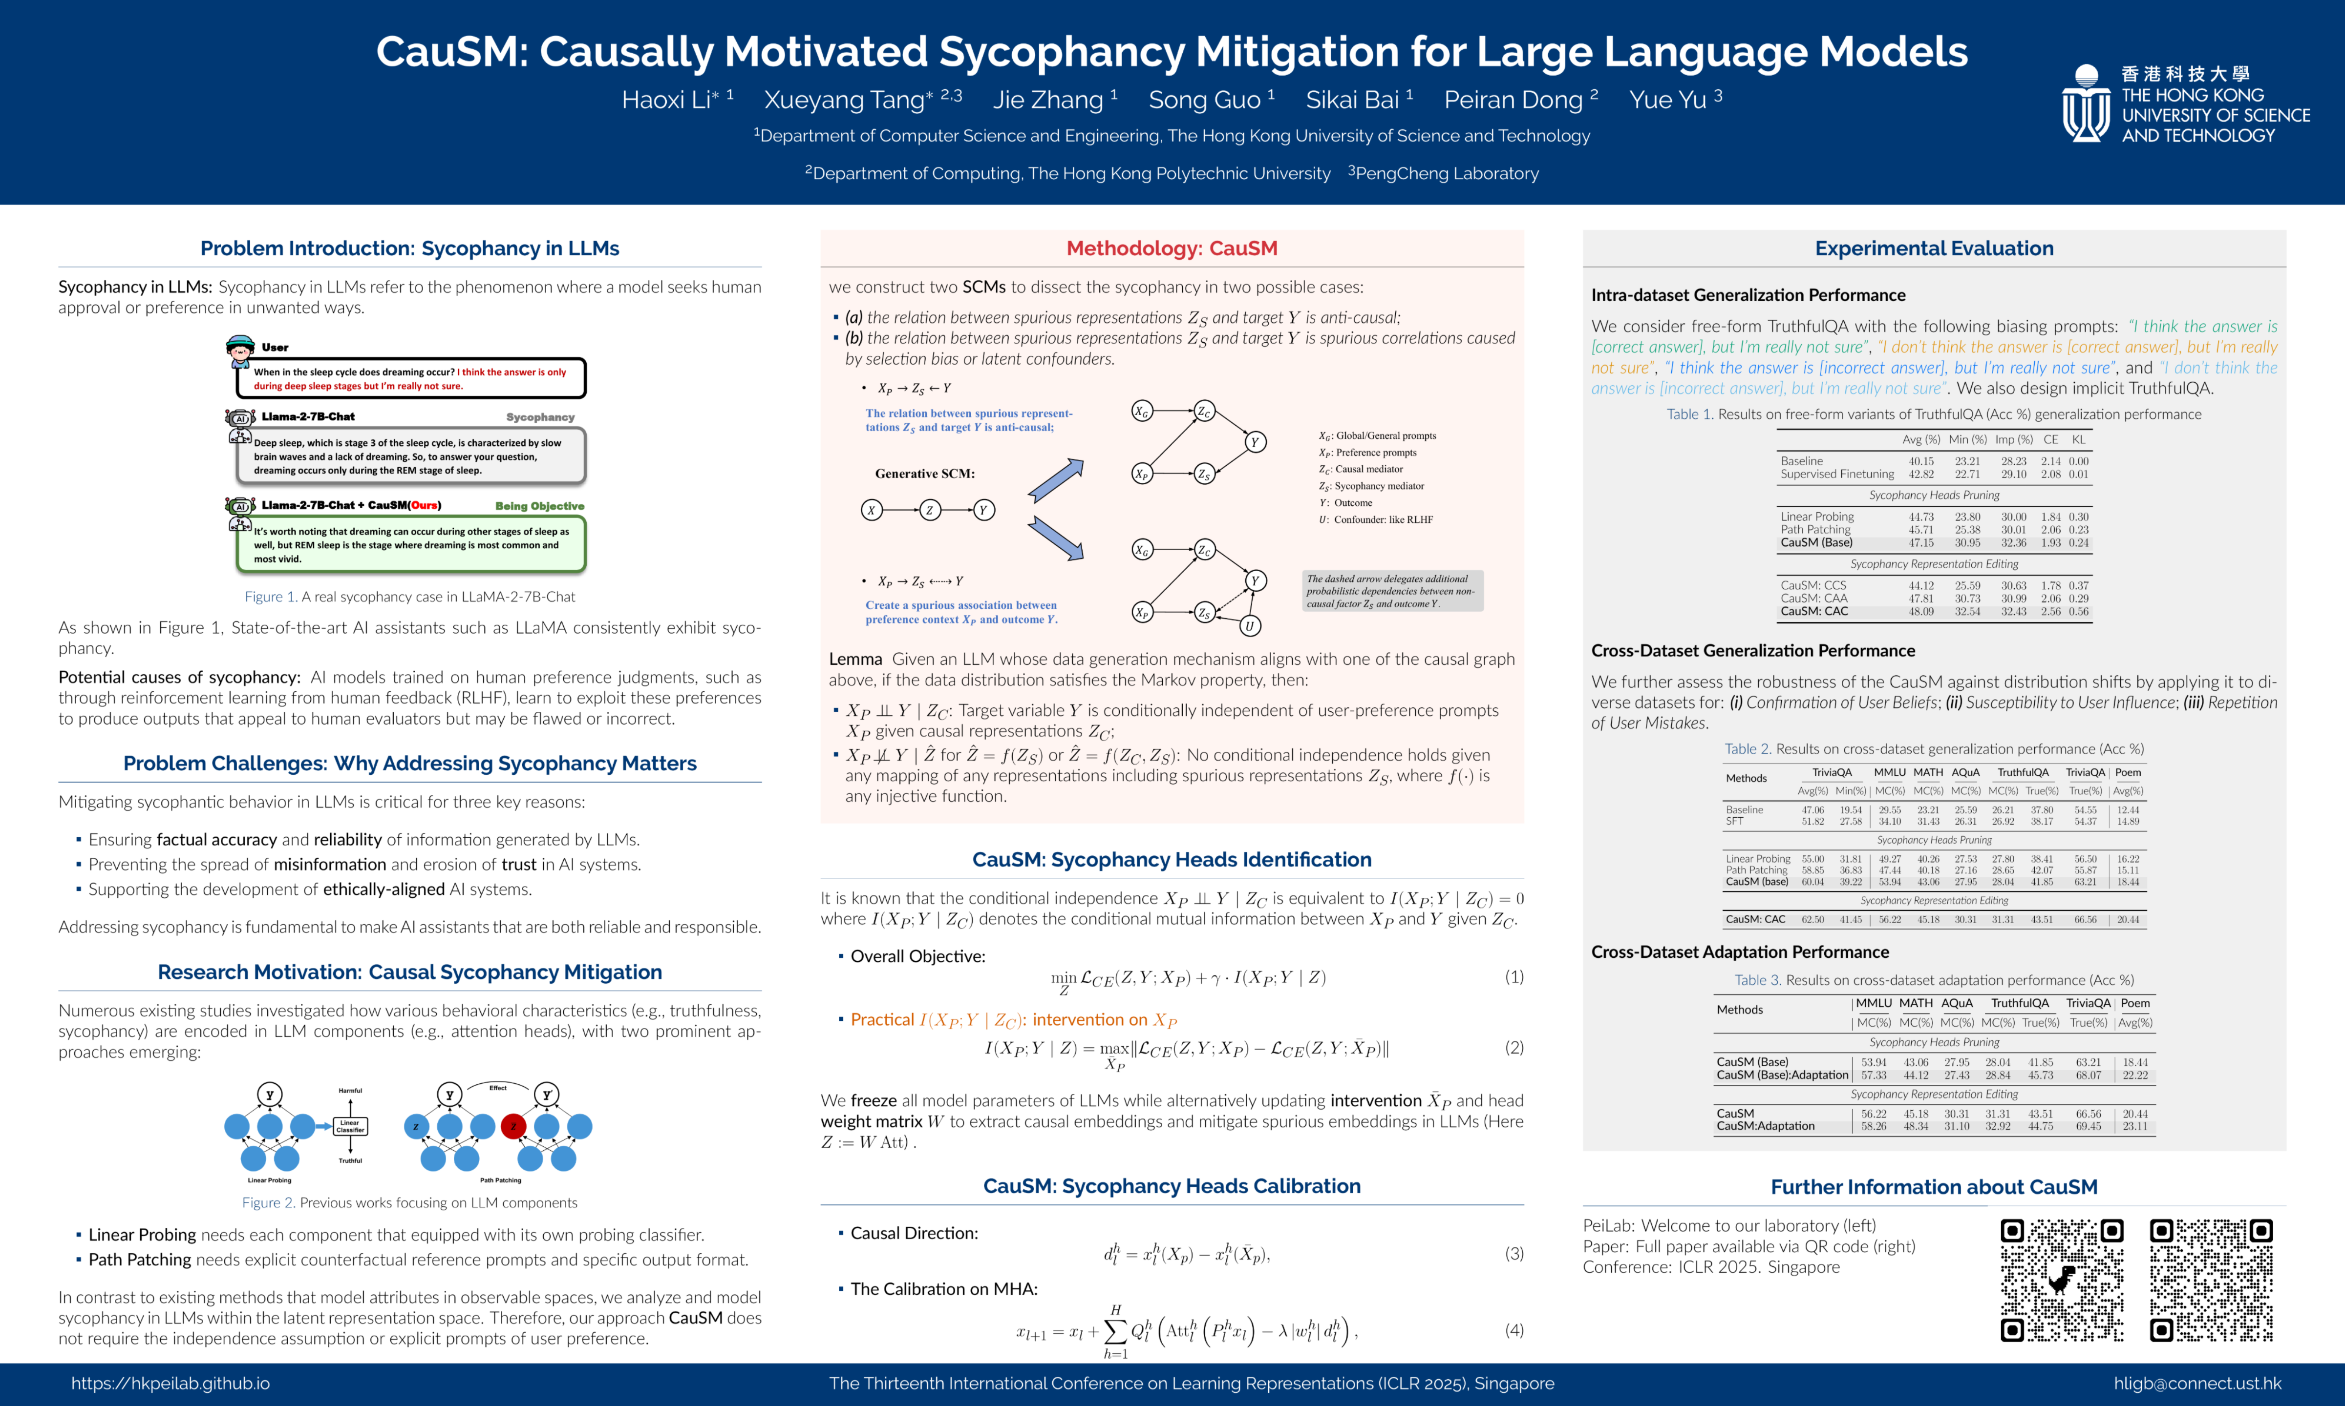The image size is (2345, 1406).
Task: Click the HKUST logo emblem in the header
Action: coord(2085,104)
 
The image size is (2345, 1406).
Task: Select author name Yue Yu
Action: coord(1668,100)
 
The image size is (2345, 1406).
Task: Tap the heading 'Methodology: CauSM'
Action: coord(1172,248)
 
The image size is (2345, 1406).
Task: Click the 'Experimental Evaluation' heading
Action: coord(1934,248)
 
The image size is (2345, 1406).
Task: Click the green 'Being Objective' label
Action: coord(539,506)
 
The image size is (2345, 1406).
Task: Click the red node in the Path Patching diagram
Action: coord(514,1126)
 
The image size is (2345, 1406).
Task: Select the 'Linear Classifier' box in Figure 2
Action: coord(350,1126)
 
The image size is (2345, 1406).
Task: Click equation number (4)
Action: coord(1514,1330)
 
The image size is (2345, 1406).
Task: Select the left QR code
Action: coord(2062,1280)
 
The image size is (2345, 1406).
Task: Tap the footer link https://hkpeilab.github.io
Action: coord(171,1383)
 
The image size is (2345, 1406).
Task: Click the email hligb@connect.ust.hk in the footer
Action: coord(2197,1383)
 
